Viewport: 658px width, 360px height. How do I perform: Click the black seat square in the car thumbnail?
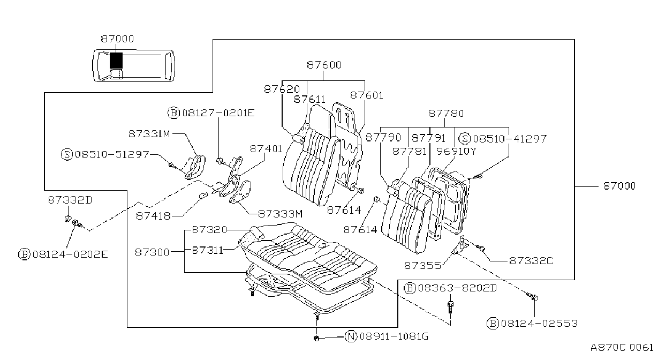pos(116,61)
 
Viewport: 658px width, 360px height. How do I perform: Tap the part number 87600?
pos(324,65)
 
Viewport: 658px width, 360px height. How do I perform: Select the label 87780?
pos(446,114)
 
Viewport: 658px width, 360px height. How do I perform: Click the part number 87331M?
pos(149,134)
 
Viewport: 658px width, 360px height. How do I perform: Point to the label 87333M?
pos(280,214)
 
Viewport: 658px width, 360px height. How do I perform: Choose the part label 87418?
pos(153,216)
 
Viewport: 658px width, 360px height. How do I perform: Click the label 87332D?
pos(70,200)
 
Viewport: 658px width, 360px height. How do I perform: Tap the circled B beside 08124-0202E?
pos(25,254)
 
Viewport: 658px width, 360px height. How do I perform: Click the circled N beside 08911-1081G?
pos(351,336)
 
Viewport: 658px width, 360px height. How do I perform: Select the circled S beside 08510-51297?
pos(67,154)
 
